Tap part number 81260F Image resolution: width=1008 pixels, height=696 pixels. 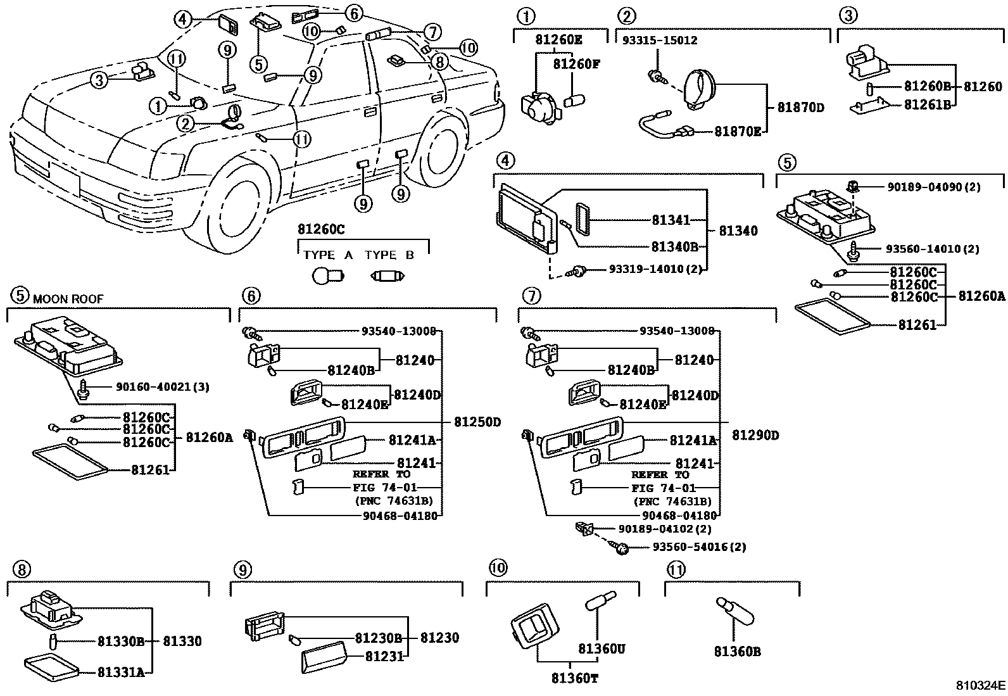click(x=576, y=64)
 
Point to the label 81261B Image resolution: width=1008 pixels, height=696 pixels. click(x=928, y=104)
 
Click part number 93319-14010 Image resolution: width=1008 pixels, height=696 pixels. click(x=646, y=269)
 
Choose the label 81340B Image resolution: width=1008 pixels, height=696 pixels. click(x=674, y=246)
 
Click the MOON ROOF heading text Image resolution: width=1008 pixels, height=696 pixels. click(x=68, y=298)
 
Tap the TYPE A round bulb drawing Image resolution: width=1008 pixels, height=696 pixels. click(x=328, y=276)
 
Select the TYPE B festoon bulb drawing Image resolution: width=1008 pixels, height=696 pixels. click(x=387, y=276)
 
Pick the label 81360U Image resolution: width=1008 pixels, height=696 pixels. click(x=602, y=649)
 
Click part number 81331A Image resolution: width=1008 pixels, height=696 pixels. click(x=120, y=672)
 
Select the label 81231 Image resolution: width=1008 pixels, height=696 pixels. click(x=384, y=657)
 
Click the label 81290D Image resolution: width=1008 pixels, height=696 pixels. click(x=755, y=435)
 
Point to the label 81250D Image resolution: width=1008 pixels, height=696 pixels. click(x=477, y=422)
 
